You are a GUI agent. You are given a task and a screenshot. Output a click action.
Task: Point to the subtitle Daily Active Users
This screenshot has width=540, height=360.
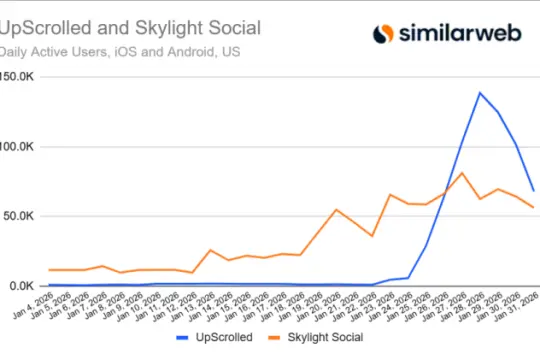[x=59, y=50]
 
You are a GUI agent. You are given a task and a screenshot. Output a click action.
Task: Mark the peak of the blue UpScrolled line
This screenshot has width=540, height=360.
[x=480, y=93]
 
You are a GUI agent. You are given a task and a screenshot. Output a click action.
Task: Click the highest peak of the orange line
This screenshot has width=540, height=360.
[x=462, y=173]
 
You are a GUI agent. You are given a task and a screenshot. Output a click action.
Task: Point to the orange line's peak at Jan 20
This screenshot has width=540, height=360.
[x=336, y=210]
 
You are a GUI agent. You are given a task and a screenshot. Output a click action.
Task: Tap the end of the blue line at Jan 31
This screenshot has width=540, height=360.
[x=534, y=190]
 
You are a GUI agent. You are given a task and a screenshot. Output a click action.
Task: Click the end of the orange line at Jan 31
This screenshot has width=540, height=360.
[x=534, y=207]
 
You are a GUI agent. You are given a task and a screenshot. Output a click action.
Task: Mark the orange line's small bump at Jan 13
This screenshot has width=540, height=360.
[x=210, y=250]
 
